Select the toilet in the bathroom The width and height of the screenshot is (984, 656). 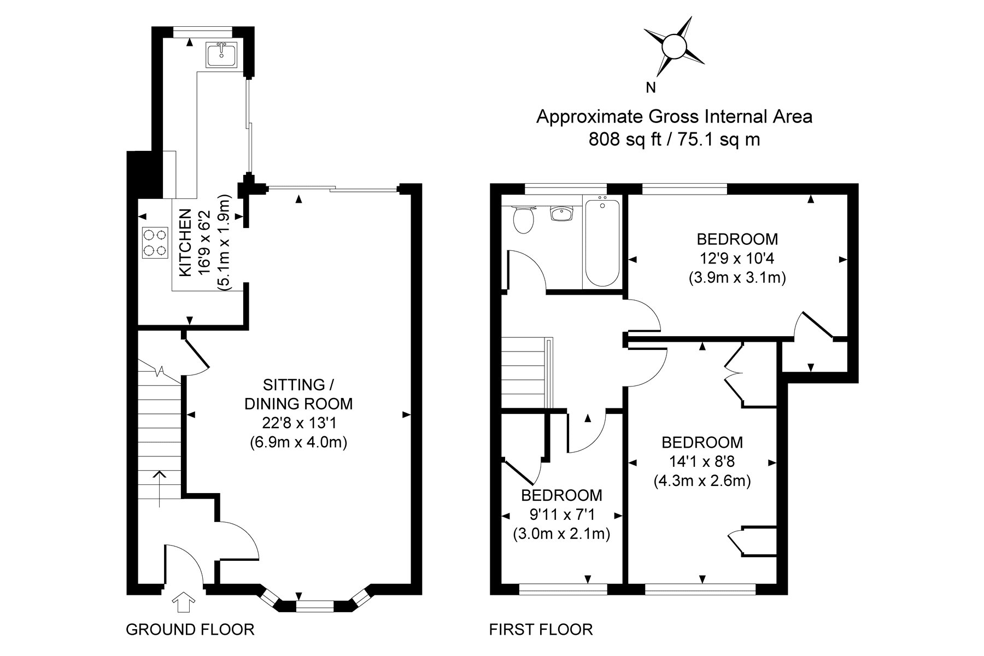click(524, 219)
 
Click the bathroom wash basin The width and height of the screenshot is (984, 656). click(561, 213)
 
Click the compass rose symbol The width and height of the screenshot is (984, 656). click(673, 46)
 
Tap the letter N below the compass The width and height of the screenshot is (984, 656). click(651, 87)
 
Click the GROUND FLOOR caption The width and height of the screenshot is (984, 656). click(190, 629)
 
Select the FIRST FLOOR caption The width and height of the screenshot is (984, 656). click(541, 629)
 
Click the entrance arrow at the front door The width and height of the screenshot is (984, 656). click(184, 603)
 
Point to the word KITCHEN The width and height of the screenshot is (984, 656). click(186, 242)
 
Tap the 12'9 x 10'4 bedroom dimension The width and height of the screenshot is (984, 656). click(737, 258)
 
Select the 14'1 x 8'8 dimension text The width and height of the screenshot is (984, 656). click(702, 461)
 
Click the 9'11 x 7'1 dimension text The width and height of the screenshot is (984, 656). click(561, 514)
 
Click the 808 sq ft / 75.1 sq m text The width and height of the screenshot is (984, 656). click(674, 140)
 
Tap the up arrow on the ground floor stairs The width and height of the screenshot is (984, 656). click(159, 489)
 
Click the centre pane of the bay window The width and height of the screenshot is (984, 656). click(314, 605)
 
